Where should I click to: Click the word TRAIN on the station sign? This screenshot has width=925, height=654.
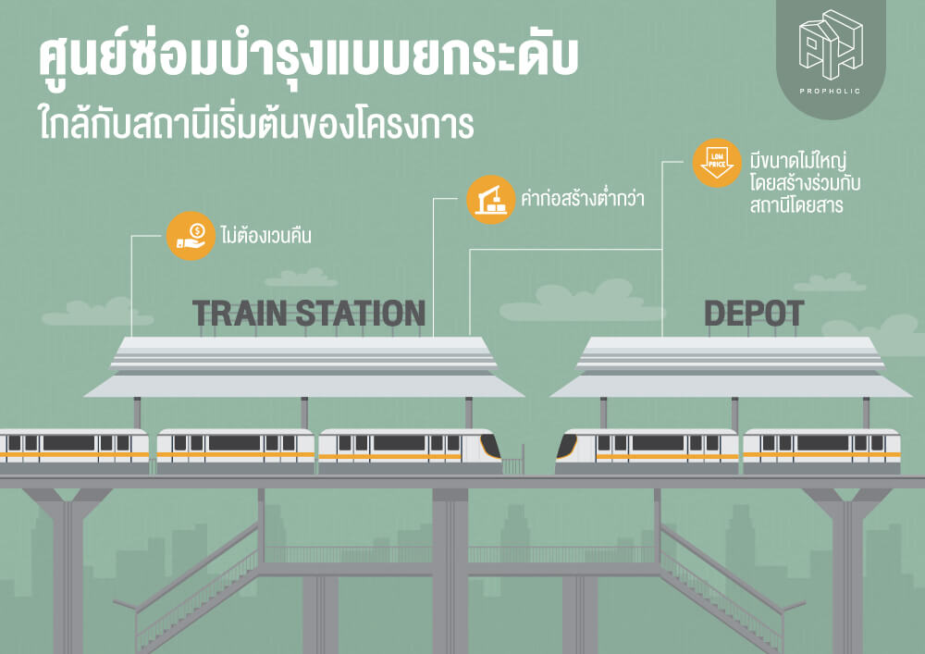[240, 314]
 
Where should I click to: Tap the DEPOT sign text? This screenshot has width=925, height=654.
[754, 314]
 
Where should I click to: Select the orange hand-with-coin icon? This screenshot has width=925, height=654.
[190, 236]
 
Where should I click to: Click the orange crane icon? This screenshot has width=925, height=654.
[491, 199]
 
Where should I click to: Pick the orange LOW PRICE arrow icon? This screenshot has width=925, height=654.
[717, 163]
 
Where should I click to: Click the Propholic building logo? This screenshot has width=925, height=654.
[831, 44]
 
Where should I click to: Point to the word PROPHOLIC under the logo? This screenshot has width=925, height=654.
[830, 92]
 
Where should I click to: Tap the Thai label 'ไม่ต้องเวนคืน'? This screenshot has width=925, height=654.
[266, 236]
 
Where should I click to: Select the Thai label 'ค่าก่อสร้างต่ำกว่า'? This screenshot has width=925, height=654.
[582, 199]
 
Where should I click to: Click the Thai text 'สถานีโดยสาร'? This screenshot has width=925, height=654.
[796, 205]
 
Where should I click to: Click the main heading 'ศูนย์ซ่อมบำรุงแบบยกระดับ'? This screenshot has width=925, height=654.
[308, 56]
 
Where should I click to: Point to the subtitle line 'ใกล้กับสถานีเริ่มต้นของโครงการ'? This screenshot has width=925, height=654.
[256, 123]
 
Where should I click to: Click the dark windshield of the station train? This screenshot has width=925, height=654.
[490, 447]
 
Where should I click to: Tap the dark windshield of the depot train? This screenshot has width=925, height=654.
[567, 447]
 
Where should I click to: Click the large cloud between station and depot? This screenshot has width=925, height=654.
[581, 302]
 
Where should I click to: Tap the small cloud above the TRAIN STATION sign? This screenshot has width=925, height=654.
[301, 278]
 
